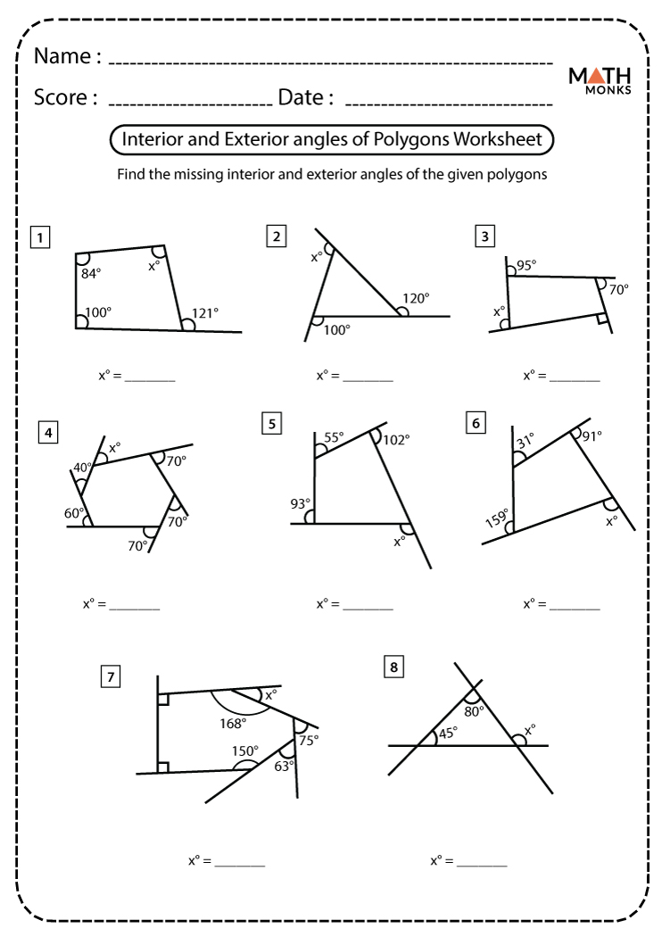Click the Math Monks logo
click(x=600, y=80)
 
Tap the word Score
click(x=65, y=97)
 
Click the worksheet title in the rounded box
click(x=331, y=140)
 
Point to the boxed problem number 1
click(x=39, y=237)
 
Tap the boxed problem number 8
click(x=393, y=667)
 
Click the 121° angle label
click(x=204, y=312)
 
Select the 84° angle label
click(x=91, y=274)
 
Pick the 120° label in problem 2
click(x=416, y=298)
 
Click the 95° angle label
click(x=526, y=265)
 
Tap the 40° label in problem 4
click(x=83, y=468)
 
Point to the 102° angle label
click(x=396, y=439)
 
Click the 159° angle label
click(x=497, y=519)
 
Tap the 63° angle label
click(x=285, y=764)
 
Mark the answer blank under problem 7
click(x=239, y=862)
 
